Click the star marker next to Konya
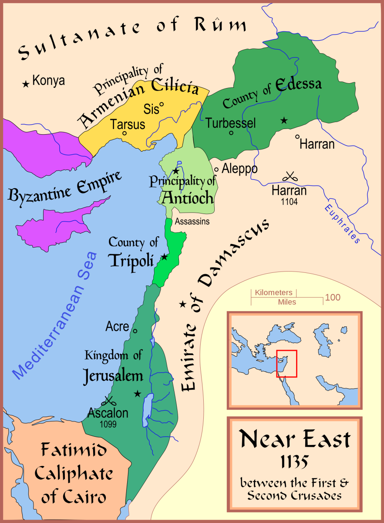(x=26, y=82)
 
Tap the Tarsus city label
(x=128, y=124)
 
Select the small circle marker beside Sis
(x=161, y=105)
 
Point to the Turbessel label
(x=231, y=123)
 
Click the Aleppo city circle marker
(x=216, y=169)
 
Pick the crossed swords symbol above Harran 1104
(x=289, y=177)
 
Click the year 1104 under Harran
(x=289, y=202)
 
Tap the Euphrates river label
(x=342, y=224)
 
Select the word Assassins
(x=192, y=221)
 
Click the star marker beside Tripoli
(x=165, y=257)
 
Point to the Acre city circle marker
(x=135, y=331)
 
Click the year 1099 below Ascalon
(x=108, y=424)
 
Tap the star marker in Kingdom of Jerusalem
(x=138, y=394)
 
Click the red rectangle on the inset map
(x=287, y=363)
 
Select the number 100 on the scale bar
(x=332, y=298)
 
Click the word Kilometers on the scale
(x=274, y=292)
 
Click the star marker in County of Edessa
(x=284, y=120)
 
